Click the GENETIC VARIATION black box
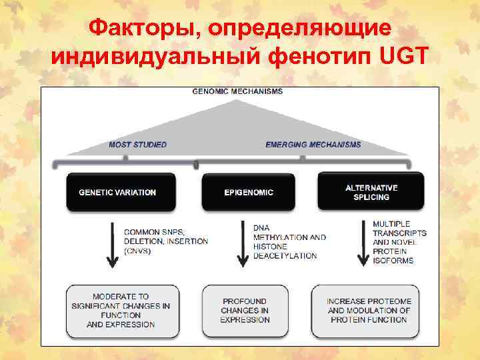pos(121,192)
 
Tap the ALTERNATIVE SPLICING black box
pos(371,192)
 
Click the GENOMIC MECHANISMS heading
pos(238,91)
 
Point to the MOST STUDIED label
pos(138,144)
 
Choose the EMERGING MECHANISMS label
pos(313,144)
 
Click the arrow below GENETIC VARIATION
pos(112,245)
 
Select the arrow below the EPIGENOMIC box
pos(241,245)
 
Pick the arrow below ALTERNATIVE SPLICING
pos(363,245)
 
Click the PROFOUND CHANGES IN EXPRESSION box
pos(245,311)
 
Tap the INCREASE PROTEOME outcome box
pos(369,311)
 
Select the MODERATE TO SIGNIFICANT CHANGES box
pos(121,311)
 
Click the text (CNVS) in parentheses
pos(138,251)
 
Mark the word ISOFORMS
pos(393,261)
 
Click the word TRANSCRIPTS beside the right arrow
pos(399,233)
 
